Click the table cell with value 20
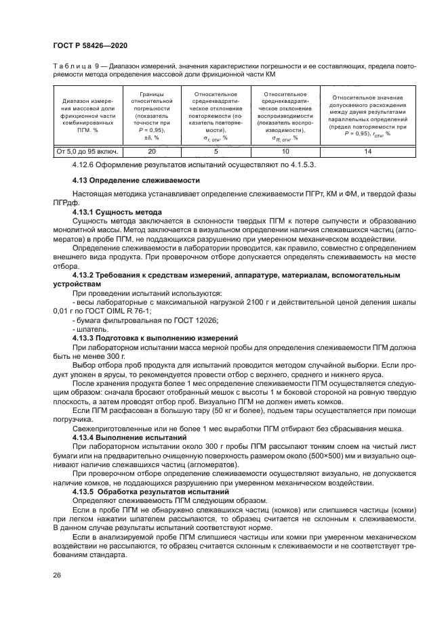pos(152,152)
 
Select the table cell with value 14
pos(368,152)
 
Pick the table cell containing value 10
pos(285,152)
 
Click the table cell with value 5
pos(216,152)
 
